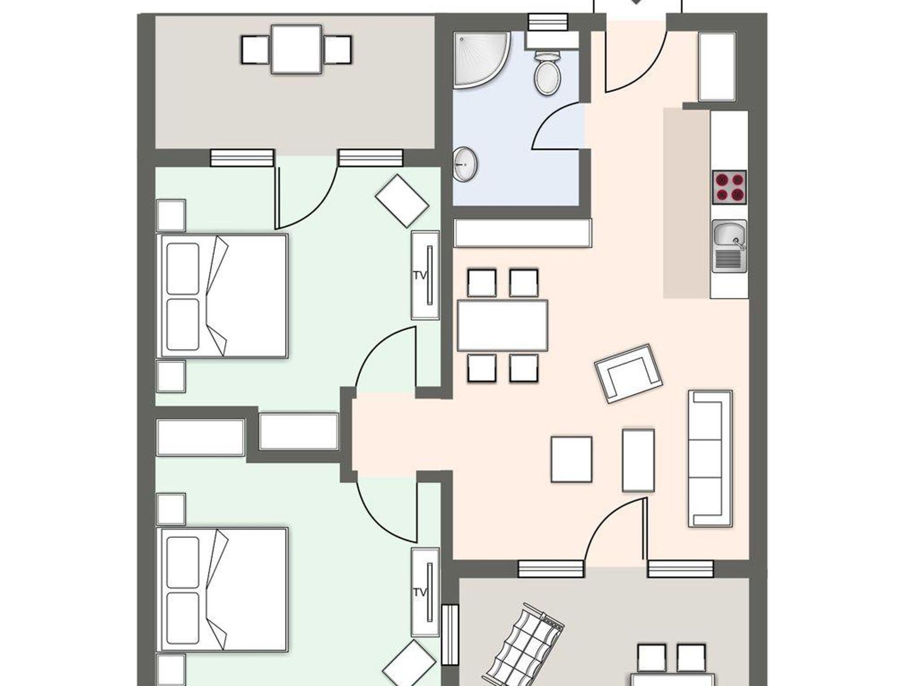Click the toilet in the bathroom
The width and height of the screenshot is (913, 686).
[547, 72]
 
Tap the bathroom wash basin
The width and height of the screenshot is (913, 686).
[465, 164]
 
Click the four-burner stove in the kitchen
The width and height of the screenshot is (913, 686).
[729, 187]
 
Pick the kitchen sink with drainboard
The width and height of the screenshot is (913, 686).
[729, 246]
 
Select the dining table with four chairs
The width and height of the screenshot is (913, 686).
[502, 326]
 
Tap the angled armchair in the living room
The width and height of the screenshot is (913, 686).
[628, 373]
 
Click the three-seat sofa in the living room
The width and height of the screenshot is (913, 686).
[710, 458]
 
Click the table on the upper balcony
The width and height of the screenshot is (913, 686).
[296, 49]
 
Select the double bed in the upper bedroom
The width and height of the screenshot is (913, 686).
[222, 296]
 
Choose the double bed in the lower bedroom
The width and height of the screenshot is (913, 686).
[222, 590]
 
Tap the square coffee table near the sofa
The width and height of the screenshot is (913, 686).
[572, 459]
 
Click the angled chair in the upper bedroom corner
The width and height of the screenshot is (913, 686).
[402, 201]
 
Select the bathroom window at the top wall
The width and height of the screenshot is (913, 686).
[547, 21]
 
